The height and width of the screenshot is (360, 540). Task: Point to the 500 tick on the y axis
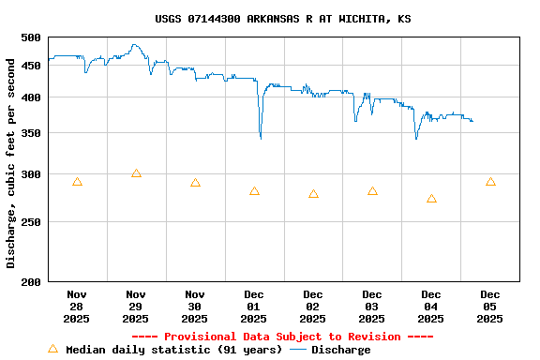pyautogui.click(x=31, y=37)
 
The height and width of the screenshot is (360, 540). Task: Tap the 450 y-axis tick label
pyautogui.click(x=31, y=66)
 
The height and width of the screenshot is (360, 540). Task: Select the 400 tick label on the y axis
pyautogui.click(x=31, y=97)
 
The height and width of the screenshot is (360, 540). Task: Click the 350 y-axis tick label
pyautogui.click(x=31, y=134)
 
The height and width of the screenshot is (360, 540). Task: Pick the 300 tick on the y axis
pyautogui.click(x=31, y=175)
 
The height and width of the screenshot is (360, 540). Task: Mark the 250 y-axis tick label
pyautogui.click(x=31, y=223)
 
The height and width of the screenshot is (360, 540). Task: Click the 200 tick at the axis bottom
pyautogui.click(x=31, y=281)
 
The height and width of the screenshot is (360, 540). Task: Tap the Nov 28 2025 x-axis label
pyautogui.click(x=77, y=307)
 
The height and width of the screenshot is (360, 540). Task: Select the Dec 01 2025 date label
pyautogui.click(x=254, y=307)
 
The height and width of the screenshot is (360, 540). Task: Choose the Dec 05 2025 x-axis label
pyautogui.click(x=490, y=307)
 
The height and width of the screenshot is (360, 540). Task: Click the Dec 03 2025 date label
pyautogui.click(x=372, y=307)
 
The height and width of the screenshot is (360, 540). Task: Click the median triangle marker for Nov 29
pyautogui.click(x=136, y=173)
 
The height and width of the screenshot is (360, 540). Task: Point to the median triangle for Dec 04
pyautogui.click(x=431, y=199)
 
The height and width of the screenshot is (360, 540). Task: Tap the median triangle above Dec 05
pyautogui.click(x=490, y=182)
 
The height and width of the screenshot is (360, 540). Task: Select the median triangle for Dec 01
pyautogui.click(x=254, y=191)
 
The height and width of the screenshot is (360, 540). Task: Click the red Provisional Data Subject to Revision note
pyautogui.click(x=282, y=337)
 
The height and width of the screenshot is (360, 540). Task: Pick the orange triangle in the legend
pyautogui.click(x=52, y=349)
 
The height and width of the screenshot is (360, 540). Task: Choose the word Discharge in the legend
pyautogui.click(x=340, y=350)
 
